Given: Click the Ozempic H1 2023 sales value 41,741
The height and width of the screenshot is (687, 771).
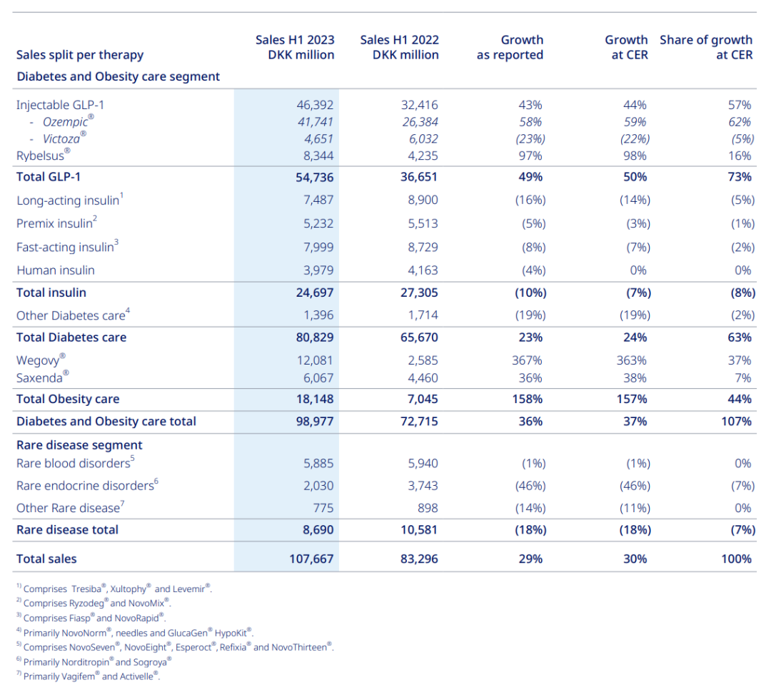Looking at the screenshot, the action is tap(316, 122).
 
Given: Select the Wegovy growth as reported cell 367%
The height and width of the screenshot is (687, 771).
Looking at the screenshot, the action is tap(527, 360).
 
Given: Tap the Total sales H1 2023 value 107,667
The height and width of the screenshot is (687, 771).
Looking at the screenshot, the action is tap(311, 559).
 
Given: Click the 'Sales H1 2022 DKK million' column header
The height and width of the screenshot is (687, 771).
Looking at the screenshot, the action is tap(399, 47).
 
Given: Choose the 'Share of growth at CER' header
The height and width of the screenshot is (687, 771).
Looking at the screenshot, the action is tap(706, 47).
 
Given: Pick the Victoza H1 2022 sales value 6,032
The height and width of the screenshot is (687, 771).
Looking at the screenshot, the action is tap(423, 139).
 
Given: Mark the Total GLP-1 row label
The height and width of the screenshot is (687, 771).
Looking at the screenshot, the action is tap(49, 177).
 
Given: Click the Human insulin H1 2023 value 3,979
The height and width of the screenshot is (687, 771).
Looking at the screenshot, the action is tap(318, 270).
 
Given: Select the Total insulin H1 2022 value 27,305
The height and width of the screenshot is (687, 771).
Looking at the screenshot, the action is tap(419, 293).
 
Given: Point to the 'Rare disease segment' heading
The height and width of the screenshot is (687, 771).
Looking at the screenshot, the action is tap(79, 445).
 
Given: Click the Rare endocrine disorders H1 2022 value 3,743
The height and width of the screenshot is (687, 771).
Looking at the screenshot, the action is tap(423, 486).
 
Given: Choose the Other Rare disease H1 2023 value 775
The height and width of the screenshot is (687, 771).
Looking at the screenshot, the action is tap(323, 508).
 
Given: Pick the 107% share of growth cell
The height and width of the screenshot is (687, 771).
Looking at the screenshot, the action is tap(736, 422).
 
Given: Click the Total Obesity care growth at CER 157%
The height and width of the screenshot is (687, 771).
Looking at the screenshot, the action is tap(632, 399).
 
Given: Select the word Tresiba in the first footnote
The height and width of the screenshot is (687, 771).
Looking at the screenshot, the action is tap(86, 589).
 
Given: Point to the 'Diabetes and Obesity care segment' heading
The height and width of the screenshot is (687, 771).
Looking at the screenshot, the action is tap(118, 76).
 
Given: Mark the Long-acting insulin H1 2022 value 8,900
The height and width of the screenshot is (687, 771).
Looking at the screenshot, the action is tap(423, 200).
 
